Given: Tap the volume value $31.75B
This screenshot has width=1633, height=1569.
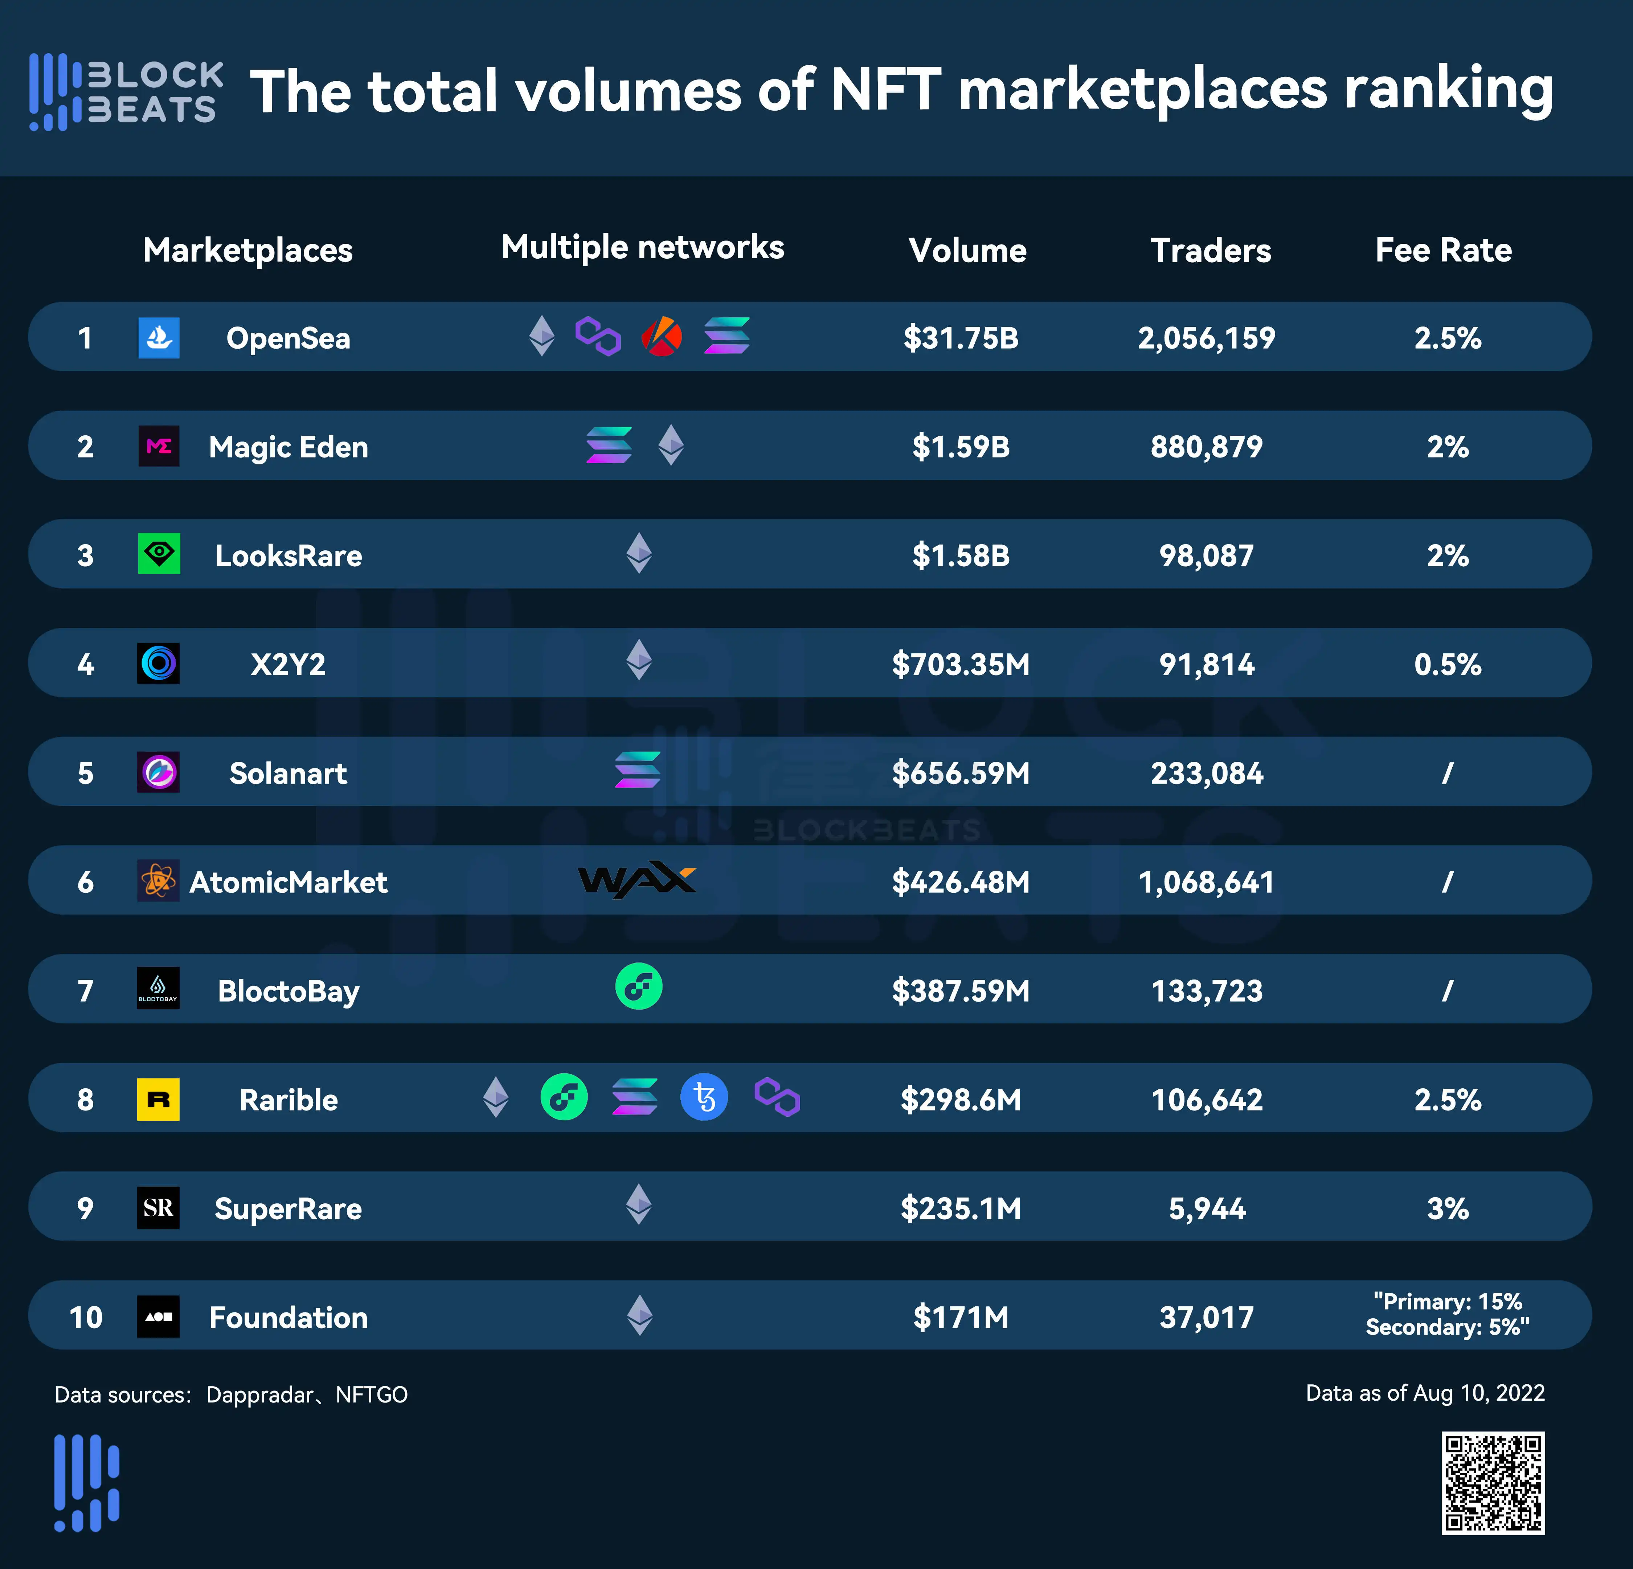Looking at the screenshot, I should pos(961,338).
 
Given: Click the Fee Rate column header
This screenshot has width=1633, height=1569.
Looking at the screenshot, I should pos(1443,250).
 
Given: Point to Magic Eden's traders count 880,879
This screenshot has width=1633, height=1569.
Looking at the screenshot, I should pos(1206,447).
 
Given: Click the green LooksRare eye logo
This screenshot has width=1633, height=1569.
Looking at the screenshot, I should pos(158,554).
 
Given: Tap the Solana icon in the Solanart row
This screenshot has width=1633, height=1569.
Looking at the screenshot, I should pos(637,770).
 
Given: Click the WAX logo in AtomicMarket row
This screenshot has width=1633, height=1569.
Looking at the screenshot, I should pos(637,880).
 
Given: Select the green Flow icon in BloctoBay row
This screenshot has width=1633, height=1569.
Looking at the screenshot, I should pos(638,988).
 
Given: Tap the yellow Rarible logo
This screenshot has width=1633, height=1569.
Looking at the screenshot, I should pos(158,1099).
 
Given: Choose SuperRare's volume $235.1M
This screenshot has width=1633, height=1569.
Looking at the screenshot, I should pos(961,1208).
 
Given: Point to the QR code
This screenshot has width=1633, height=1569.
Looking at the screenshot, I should pos(1493,1483).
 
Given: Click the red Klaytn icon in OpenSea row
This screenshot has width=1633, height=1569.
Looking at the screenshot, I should pos(662,336).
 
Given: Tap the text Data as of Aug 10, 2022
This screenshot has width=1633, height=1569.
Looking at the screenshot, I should pos(1425,1393).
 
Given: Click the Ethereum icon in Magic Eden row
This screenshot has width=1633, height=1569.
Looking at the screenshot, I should pos(671,445).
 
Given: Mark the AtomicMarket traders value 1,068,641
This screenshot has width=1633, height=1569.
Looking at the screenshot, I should pos(1206,882).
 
